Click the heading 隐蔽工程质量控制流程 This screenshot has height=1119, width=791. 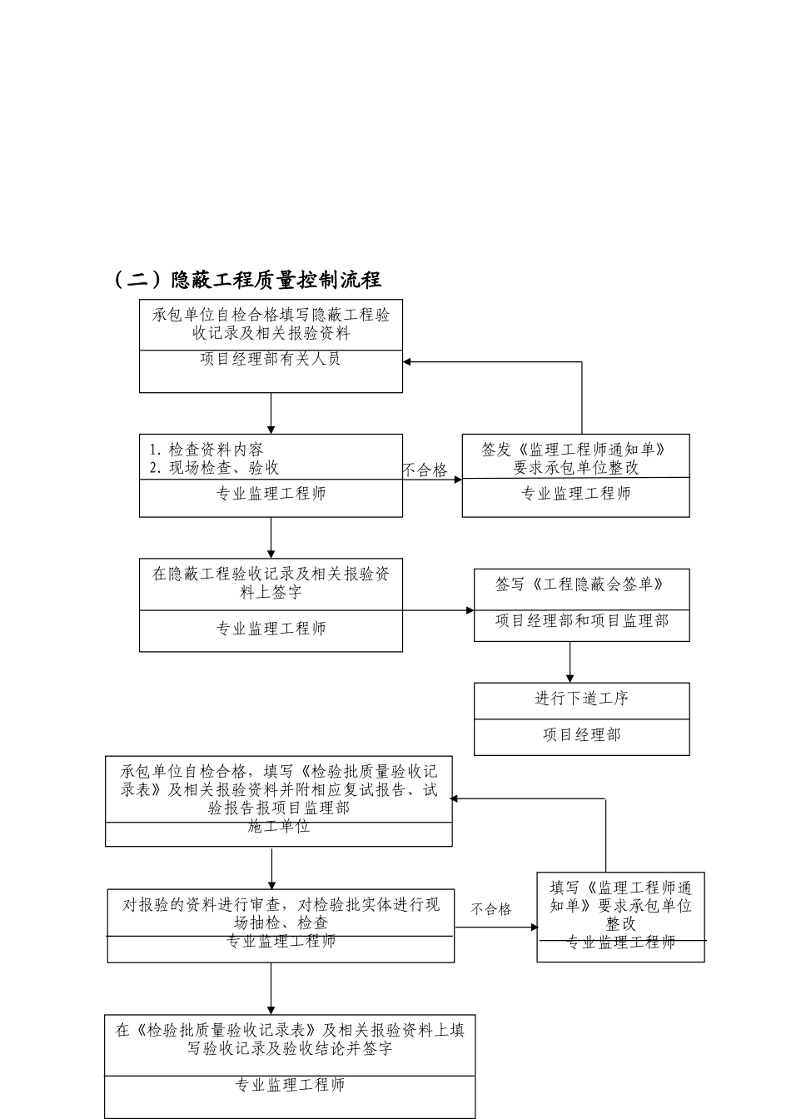coord(275,280)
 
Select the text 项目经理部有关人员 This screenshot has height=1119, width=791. coord(271,360)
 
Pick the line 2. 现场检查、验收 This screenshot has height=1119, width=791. coord(214,468)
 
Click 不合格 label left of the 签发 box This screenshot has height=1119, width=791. coord(425,470)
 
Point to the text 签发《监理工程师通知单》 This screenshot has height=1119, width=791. coord(575,450)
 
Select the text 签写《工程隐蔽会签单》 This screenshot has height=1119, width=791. coord(581,584)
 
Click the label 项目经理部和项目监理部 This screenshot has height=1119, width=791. coord(581,620)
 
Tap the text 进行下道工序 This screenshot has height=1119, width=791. coord(581,699)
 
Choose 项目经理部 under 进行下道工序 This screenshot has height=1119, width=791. coord(581,735)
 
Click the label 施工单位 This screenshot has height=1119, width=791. coord(279,827)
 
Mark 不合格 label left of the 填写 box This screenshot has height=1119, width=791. coord(491,909)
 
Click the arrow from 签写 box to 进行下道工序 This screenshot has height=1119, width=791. coord(570,662)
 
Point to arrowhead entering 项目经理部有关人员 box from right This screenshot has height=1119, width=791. coord(408,362)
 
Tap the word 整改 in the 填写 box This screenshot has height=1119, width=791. coord(620,923)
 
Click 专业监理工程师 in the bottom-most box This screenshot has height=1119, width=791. coord(290,1085)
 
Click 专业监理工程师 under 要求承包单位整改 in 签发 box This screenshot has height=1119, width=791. coord(575,494)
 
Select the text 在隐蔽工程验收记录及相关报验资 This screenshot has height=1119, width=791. coord(271,574)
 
